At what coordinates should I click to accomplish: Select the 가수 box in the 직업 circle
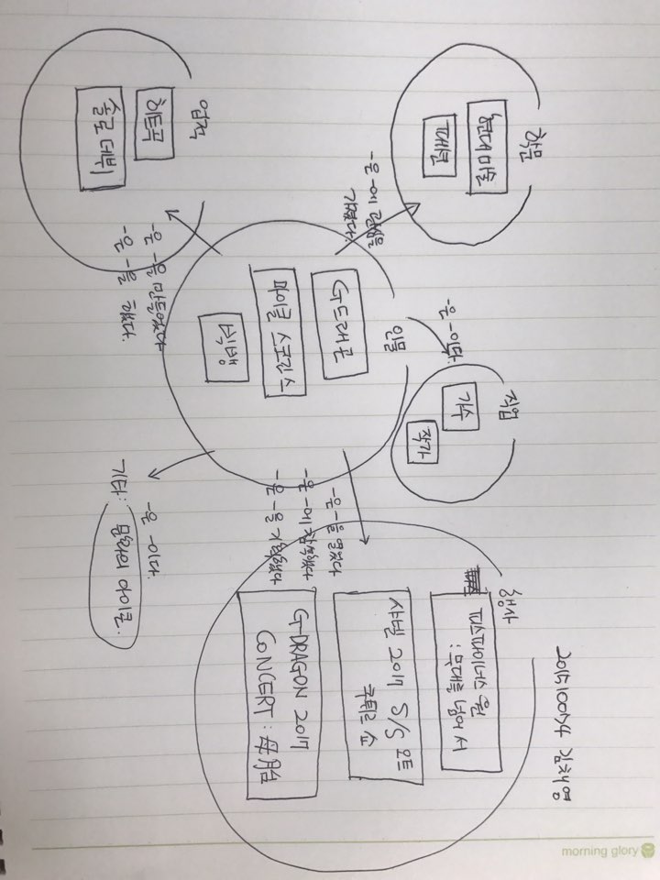point(457,403)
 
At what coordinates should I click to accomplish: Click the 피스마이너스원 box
point(467,678)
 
